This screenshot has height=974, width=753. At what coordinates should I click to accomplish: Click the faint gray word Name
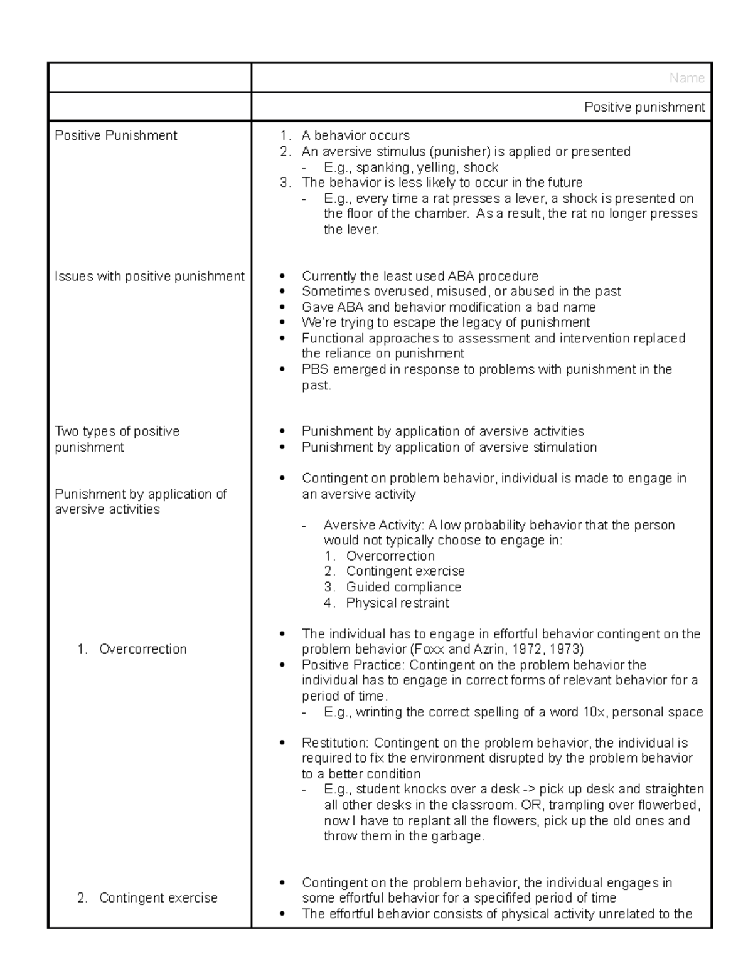click(x=686, y=78)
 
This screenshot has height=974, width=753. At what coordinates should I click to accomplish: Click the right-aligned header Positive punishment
click(x=644, y=107)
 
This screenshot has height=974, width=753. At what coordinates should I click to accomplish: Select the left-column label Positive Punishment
click(x=116, y=135)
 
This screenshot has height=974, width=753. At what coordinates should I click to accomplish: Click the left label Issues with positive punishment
click(x=149, y=277)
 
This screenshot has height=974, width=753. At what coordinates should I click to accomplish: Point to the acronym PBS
click(x=315, y=369)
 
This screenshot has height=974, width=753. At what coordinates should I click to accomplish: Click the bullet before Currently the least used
click(x=284, y=277)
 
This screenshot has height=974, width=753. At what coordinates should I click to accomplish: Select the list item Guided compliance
click(x=403, y=587)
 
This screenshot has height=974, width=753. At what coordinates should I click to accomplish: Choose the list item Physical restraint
click(x=398, y=603)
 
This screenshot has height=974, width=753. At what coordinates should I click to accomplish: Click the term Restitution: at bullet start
click(x=335, y=743)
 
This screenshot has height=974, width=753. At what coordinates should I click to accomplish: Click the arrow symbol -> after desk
click(x=530, y=790)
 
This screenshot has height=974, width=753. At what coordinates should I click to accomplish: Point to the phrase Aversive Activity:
click(x=374, y=525)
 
